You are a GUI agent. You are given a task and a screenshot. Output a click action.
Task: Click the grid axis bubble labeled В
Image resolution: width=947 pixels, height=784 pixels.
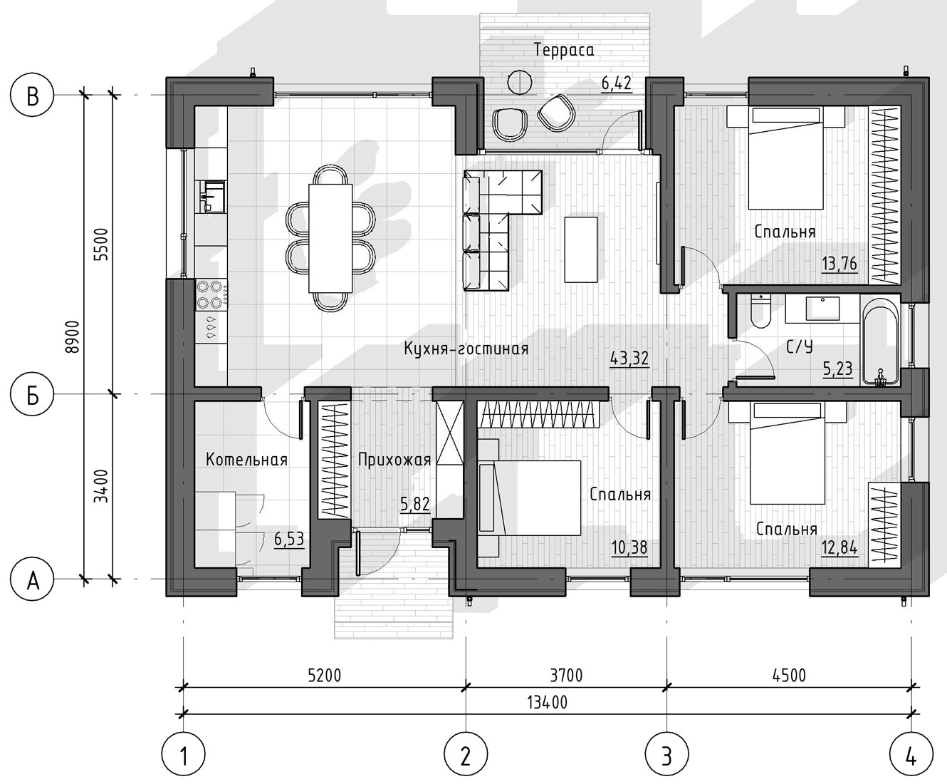pos(32,96)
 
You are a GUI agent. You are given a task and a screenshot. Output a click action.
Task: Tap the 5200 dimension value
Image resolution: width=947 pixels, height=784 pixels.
pos(324,675)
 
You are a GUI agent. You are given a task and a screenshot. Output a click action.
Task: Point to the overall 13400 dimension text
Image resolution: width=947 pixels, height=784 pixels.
pos(548,702)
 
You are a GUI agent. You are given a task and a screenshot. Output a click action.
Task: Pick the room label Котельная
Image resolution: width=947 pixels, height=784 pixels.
pos(247,460)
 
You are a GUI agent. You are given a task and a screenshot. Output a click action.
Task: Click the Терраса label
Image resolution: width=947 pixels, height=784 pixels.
pos(564,50)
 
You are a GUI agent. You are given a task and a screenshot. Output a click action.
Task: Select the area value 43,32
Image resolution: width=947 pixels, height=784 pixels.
pos(629,359)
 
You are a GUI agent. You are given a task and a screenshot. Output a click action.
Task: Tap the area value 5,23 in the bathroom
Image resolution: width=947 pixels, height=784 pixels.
pos(837,368)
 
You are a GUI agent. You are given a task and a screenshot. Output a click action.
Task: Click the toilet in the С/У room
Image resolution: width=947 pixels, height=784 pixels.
pos(760,311)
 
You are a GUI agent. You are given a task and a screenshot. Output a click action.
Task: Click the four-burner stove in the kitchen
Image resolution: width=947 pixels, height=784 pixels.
pos(211,295)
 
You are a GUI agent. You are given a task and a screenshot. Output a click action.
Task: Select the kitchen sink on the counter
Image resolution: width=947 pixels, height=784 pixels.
pos(211,196)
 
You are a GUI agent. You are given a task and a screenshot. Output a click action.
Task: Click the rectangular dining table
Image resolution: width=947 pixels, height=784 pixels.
pos(330,238)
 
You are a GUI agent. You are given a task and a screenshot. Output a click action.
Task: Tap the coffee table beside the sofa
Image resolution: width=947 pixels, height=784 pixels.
pos(580,249)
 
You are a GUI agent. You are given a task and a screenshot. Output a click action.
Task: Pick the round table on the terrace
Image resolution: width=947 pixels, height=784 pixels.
pos(519,82)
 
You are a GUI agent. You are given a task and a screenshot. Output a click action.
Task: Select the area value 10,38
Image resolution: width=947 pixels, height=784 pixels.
pos(629,548)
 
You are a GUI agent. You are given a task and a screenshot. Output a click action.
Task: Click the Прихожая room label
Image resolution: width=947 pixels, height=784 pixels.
pos(394,460)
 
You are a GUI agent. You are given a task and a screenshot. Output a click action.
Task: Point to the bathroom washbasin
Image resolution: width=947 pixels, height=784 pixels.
pos(822,309)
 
